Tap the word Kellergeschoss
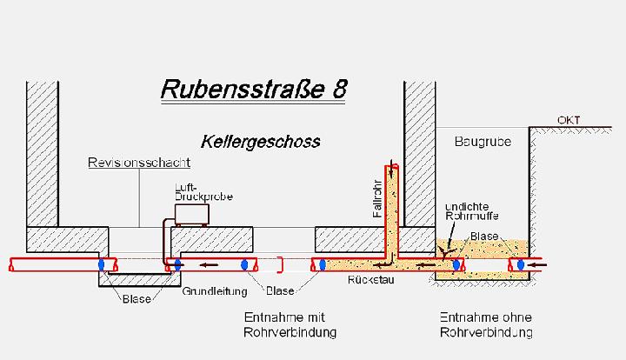(x=260, y=141)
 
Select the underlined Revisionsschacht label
(x=139, y=163)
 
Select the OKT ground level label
(x=569, y=120)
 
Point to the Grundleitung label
(x=209, y=292)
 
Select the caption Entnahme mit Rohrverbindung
(x=290, y=325)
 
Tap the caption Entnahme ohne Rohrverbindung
(x=486, y=325)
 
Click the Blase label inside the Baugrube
(x=483, y=236)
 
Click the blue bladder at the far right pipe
(x=521, y=263)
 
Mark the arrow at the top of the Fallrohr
(x=394, y=166)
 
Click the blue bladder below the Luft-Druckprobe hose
(x=178, y=263)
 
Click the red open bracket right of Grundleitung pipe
(x=279, y=263)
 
